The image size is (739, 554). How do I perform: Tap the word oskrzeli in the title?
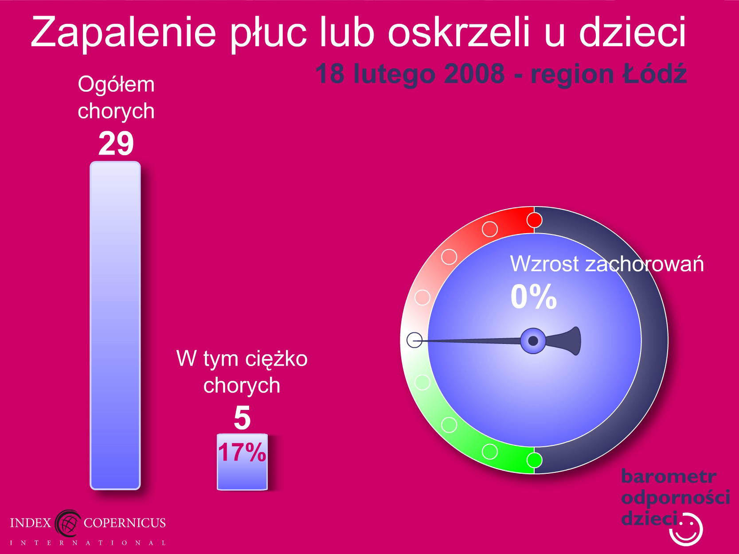460,31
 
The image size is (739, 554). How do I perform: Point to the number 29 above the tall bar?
116,144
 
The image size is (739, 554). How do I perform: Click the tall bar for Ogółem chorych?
115,325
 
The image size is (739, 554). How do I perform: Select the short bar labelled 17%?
242,462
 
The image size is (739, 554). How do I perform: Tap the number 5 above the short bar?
242,418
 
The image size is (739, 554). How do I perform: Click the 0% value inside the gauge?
534,296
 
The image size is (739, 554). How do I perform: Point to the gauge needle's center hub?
533,341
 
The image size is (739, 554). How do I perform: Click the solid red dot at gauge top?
534,220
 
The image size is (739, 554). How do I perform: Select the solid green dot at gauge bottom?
534,460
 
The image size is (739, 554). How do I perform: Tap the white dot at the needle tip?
414,340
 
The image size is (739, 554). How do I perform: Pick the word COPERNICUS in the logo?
125,523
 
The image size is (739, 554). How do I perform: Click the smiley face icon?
686,530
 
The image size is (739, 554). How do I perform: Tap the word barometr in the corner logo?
669,476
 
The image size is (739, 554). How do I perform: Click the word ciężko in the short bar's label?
276,359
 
